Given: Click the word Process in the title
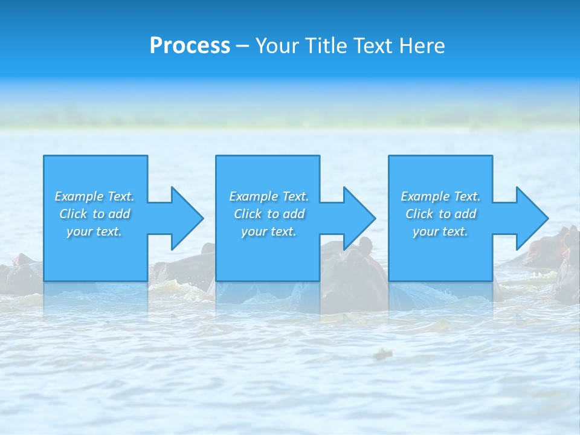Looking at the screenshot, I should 190,46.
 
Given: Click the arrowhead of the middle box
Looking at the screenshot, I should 359,218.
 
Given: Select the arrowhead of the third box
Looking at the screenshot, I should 532,218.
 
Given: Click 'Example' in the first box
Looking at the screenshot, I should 79,196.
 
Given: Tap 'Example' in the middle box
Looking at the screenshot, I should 253,196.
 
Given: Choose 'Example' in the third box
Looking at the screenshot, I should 425,196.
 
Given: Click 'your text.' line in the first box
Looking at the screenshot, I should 94,231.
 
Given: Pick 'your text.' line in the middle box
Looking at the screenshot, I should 268,231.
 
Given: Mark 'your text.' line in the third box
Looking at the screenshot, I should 440,231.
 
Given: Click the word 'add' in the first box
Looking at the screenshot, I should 120,214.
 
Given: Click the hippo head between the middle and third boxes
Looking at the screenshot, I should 356,260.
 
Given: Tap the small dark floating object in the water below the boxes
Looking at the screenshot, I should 382,354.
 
